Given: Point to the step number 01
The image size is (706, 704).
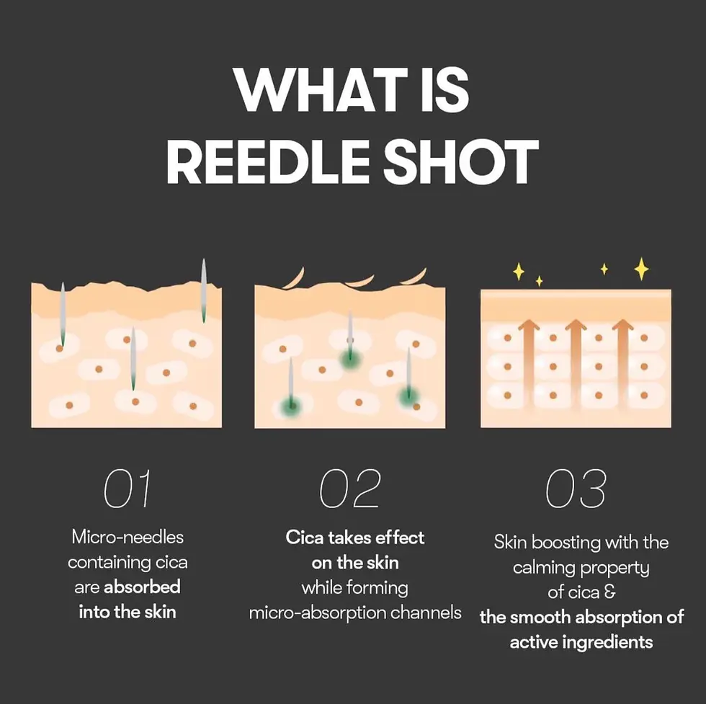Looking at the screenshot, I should pos(128,490).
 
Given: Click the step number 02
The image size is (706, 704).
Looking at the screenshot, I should pos(350,490).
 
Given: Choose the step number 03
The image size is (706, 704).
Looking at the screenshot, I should pos(576,490).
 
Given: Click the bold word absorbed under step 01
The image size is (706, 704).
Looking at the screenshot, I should pos(142,587).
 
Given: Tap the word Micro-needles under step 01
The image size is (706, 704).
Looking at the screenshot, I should pos(128,537).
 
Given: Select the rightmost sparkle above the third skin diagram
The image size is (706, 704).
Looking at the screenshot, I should pos(641,269).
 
